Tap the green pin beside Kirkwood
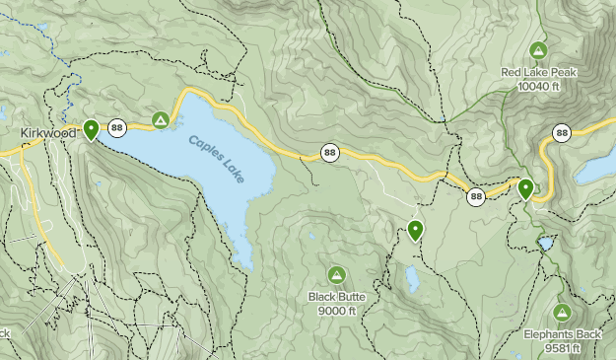(x=91, y=129)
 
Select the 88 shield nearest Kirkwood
(x=117, y=127)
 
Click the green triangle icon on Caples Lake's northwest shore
(x=160, y=120)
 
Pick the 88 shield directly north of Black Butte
(x=329, y=153)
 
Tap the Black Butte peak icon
(x=336, y=273)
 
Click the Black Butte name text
(x=336, y=295)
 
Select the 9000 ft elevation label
(x=336, y=310)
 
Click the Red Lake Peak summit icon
(x=538, y=50)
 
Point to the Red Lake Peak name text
(x=538, y=72)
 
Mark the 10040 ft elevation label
(x=538, y=87)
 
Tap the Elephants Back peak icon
(x=562, y=313)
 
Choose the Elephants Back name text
(x=562, y=334)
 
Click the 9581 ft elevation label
(x=562, y=348)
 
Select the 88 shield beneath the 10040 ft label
(x=561, y=132)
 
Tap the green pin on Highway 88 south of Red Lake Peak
(x=525, y=187)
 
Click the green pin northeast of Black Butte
(x=415, y=230)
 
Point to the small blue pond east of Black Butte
(x=412, y=280)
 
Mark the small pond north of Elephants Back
(x=545, y=243)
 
